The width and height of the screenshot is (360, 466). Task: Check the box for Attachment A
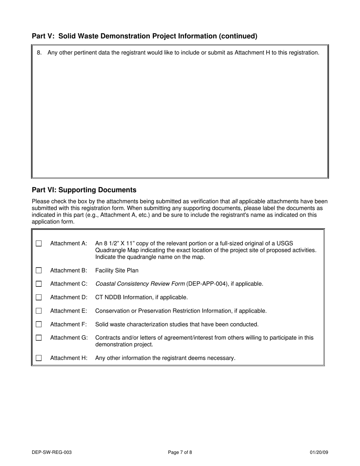tap(39, 243)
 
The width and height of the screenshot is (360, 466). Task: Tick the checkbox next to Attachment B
tap(39, 271)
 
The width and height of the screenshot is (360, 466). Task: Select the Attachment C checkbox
tap(39, 284)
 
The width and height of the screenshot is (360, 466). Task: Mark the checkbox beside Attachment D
tap(39, 297)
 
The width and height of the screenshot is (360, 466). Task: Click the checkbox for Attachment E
tap(39, 311)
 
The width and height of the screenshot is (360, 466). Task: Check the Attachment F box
tap(39, 324)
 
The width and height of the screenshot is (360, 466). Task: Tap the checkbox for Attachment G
tap(39, 338)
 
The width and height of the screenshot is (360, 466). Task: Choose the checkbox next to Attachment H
tap(39, 358)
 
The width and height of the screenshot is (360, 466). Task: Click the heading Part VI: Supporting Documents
tap(84, 190)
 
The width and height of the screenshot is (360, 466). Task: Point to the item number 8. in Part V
tap(39, 53)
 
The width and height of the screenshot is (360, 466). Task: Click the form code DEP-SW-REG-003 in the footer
tap(52, 452)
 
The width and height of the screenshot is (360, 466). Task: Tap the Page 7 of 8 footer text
tap(180, 452)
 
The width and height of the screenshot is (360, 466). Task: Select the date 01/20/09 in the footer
tap(319, 452)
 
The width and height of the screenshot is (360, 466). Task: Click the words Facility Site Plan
tap(117, 271)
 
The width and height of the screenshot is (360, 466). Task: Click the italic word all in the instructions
tap(235, 202)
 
